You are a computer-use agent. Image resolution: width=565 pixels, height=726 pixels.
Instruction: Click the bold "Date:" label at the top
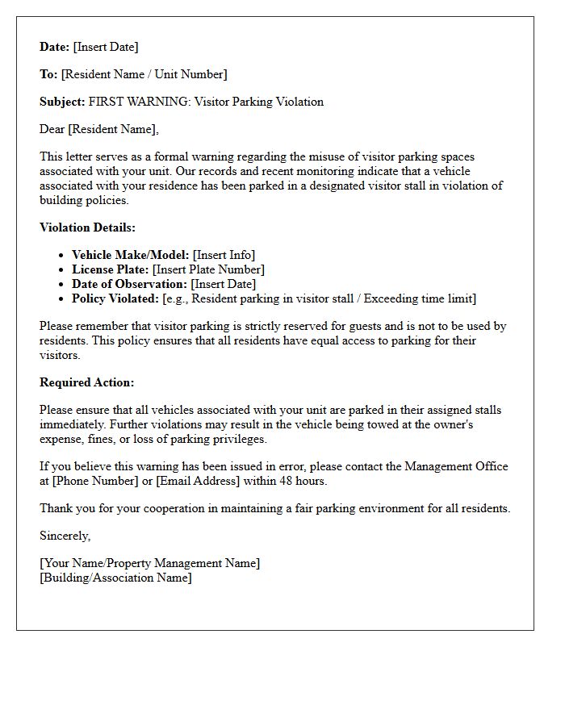click(55, 47)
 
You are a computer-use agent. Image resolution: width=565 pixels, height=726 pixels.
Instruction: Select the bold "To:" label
click(48, 74)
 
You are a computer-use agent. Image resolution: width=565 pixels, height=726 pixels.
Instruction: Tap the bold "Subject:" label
click(62, 102)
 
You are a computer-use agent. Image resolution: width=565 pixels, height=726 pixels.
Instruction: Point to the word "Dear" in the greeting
click(52, 129)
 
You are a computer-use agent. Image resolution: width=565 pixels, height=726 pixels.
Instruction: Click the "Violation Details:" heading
click(87, 227)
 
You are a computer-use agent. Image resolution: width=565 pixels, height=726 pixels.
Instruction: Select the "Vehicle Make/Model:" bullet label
click(130, 255)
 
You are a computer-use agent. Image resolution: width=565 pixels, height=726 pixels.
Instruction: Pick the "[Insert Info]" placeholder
click(224, 255)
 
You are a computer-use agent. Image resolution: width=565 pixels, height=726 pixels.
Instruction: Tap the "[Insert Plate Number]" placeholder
click(208, 269)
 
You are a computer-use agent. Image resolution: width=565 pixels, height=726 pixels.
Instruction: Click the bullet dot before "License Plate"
click(62, 270)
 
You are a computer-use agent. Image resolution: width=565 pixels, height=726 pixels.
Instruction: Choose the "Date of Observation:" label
click(129, 284)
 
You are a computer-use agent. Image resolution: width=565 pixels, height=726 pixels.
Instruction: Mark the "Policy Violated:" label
click(115, 298)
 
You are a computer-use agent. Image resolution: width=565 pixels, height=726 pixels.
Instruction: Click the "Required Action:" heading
click(86, 382)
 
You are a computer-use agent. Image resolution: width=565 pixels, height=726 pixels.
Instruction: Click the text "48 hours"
click(303, 481)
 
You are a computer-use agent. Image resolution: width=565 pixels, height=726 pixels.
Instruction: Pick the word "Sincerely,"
click(65, 536)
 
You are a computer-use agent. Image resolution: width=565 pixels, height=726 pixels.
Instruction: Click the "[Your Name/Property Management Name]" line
click(149, 563)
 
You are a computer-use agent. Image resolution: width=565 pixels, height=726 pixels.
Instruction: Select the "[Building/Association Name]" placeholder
click(115, 578)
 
